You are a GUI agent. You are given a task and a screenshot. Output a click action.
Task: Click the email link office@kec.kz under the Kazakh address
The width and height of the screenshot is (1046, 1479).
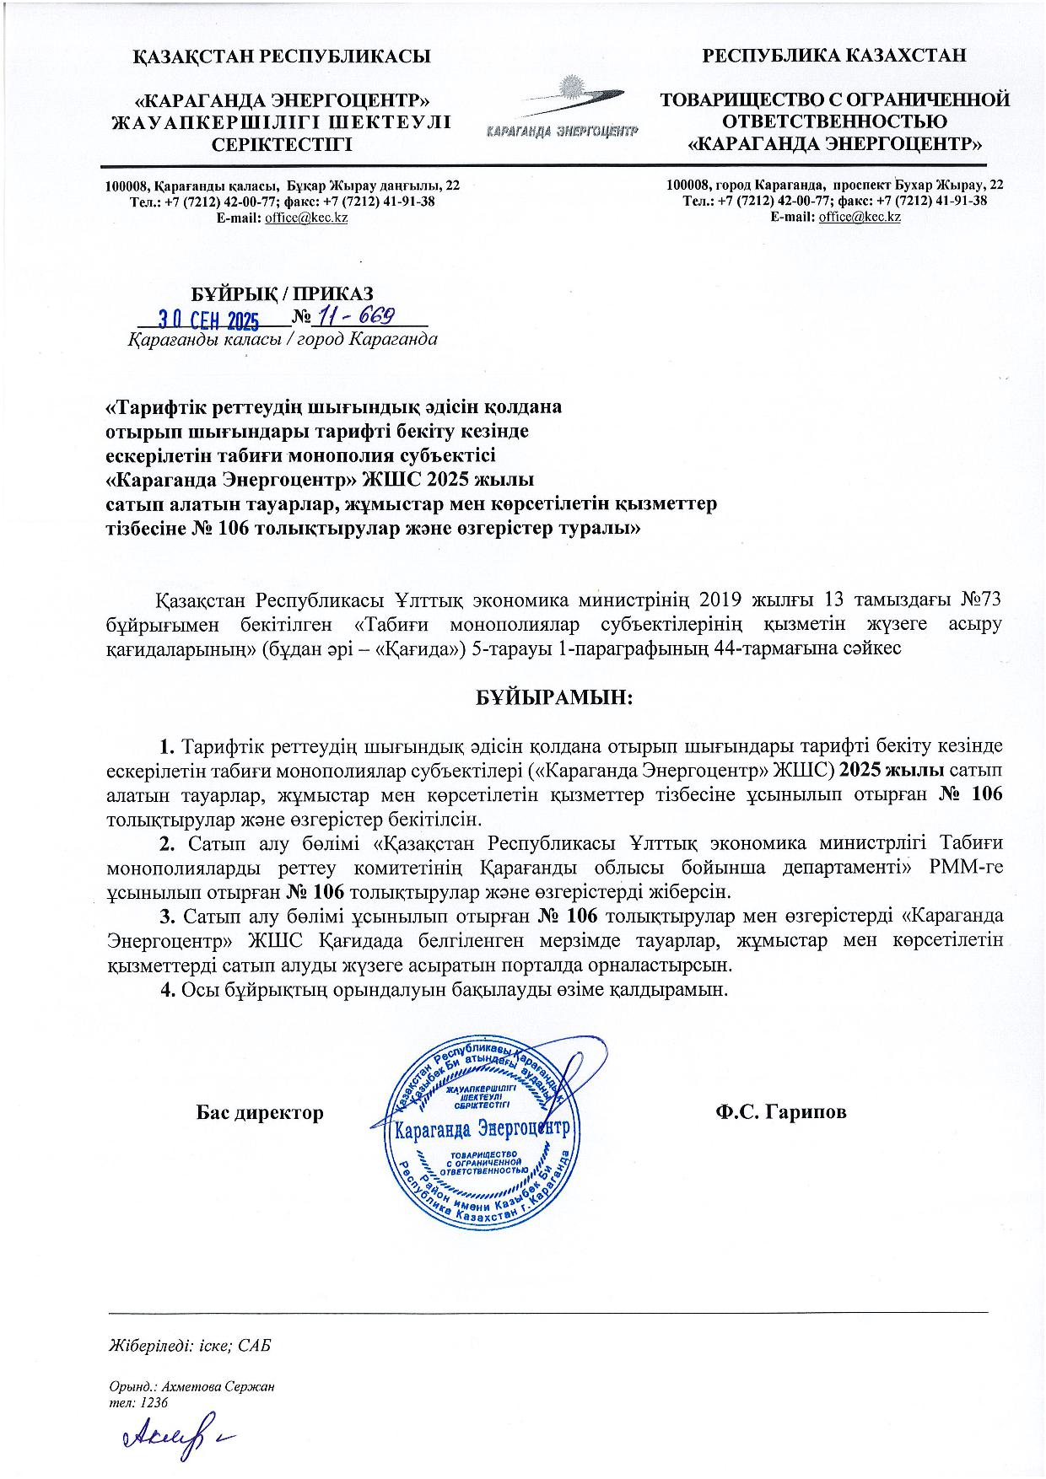[x=306, y=218]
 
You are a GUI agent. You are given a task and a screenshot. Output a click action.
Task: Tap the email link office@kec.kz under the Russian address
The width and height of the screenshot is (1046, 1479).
[x=860, y=217]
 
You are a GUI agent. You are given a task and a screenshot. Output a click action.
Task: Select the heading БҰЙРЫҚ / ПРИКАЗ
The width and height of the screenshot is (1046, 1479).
[x=282, y=293]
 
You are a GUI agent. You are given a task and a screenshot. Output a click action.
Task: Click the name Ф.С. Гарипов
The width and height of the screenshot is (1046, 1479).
[x=780, y=1112]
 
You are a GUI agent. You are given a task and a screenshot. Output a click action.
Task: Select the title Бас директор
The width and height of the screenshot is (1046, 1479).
[x=260, y=1112]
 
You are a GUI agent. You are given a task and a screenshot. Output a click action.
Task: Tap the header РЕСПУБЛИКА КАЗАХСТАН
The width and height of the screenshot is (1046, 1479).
[x=834, y=56]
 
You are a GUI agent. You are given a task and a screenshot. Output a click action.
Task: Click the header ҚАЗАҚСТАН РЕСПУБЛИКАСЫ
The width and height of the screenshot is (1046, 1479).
[x=283, y=56]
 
